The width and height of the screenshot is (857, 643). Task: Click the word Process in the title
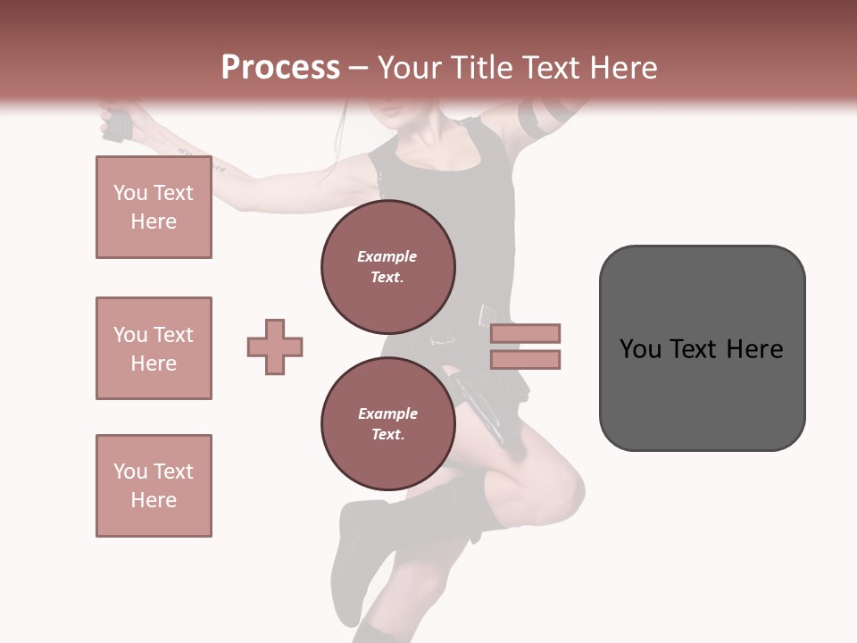[x=280, y=68]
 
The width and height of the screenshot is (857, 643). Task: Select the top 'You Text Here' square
[x=154, y=207]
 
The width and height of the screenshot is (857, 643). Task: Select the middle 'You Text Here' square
[x=154, y=348]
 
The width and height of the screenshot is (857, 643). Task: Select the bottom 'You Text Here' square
[x=154, y=486]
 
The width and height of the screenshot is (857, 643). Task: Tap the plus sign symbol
[x=275, y=347]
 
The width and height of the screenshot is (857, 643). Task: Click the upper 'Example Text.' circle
[x=388, y=267]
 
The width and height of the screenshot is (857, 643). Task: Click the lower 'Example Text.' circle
[x=388, y=424]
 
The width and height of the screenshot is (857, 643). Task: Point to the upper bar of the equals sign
[x=525, y=333]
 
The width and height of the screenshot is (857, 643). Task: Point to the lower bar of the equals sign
[x=525, y=359]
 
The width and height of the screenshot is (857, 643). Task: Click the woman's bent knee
[x=558, y=487]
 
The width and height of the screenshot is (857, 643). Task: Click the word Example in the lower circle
[x=387, y=413]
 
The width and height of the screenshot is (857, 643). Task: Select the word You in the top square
[x=130, y=193]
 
